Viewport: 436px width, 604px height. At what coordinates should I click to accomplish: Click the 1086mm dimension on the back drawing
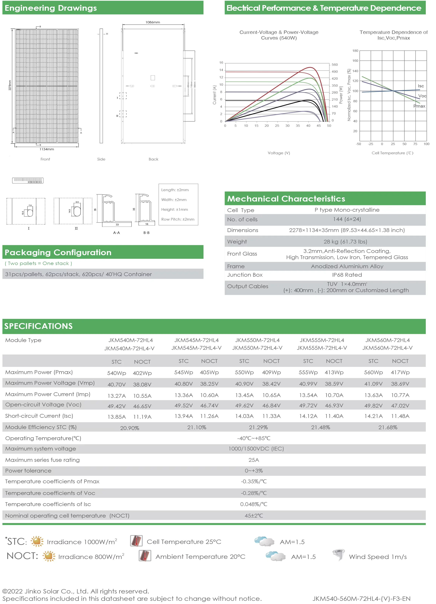click(x=153, y=22)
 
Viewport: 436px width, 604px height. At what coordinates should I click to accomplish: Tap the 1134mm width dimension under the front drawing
click(x=47, y=149)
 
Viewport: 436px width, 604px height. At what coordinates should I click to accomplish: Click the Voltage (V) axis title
click(x=278, y=153)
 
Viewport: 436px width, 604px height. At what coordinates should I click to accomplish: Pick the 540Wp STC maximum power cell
click(x=116, y=373)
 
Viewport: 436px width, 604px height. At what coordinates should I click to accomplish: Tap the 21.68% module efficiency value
click(x=388, y=428)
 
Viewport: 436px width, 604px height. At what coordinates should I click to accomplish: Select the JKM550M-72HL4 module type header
click(x=257, y=340)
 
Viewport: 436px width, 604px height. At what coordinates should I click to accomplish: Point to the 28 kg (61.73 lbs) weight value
click(x=345, y=242)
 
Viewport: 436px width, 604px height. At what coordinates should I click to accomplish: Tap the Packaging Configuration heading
click(x=58, y=252)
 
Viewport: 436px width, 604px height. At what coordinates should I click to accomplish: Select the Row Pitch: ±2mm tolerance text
click(x=177, y=219)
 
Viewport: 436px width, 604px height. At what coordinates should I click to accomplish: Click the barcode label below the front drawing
click(x=28, y=181)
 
